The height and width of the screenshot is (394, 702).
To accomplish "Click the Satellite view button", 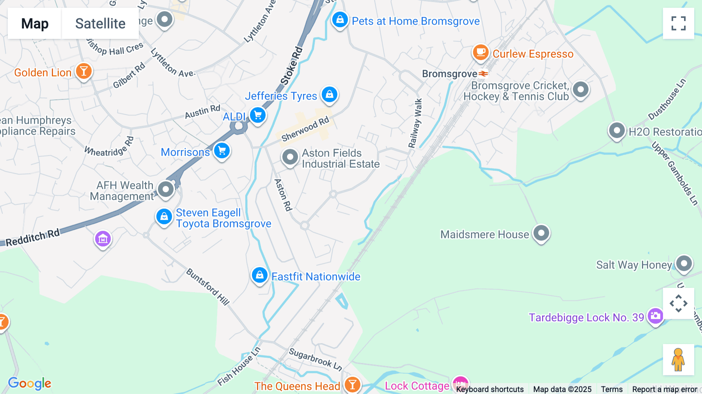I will [100, 23].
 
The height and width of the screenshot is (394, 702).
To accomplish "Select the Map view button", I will [35, 23].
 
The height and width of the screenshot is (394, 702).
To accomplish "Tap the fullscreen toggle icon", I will [678, 23].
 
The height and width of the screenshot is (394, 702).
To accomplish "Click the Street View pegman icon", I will [678, 360].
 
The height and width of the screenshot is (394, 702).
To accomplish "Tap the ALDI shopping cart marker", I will [257, 115].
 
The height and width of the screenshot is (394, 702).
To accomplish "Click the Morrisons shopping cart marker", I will [222, 151].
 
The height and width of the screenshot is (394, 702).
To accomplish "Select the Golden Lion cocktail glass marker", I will [83, 71].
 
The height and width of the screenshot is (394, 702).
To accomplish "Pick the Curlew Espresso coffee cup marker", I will [480, 52].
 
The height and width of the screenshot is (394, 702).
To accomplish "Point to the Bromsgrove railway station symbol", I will [484, 74].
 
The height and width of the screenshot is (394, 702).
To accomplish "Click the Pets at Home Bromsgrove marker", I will [340, 19].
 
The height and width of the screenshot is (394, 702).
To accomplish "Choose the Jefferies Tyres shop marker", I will [330, 94].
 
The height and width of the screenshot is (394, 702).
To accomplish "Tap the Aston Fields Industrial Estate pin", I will [290, 157].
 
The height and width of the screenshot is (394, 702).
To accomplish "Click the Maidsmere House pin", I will [541, 233].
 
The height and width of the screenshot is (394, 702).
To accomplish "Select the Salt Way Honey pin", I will [684, 264].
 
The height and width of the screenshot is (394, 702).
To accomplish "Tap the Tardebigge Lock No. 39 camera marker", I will [655, 316].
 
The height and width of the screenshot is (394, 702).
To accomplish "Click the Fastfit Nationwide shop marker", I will [259, 275].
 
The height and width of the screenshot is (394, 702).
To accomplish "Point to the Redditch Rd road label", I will [33, 238].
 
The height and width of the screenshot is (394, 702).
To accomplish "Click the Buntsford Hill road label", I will [207, 287].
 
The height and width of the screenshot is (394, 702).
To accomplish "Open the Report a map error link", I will [665, 389].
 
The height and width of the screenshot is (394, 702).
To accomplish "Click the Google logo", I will [30, 383].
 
